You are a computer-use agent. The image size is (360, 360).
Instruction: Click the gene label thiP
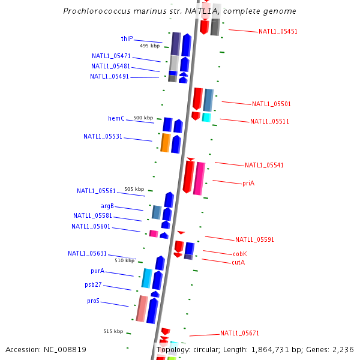[x=127, y=38]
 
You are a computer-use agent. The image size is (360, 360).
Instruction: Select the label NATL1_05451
[x=278, y=31]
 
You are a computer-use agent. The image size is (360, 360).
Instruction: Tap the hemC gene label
[x=116, y=118]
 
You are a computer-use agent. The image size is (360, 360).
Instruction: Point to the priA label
[x=248, y=183]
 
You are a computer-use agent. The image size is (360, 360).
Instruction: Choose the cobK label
[x=239, y=254]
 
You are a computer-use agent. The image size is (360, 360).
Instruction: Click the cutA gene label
[x=238, y=262]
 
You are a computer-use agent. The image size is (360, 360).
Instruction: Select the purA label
[x=97, y=271]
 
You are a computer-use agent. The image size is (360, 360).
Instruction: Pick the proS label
[x=93, y=301]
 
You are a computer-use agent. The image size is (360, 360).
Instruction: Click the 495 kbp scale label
[x=149, y=46]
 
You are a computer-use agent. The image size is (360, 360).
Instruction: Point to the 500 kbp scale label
[x=143, y=118]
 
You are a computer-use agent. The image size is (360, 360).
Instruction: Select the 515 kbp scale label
[x=113, y=331]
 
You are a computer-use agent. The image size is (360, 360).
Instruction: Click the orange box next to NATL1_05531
[x=165, y=143]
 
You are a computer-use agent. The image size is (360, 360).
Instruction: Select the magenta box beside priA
[x=199, y=178]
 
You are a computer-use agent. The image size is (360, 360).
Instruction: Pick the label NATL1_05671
[x=239, y=333]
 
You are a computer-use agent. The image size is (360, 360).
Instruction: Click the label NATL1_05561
[x=96, y=191]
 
